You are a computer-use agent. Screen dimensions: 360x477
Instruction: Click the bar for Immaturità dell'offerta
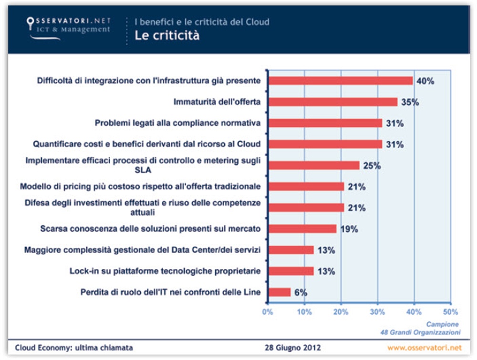(332, 102)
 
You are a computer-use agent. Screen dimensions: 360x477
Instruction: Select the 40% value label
(425, 81)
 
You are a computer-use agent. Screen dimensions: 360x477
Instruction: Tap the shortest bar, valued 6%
(280, 292)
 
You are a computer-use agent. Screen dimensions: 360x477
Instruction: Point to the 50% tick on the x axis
(450, 312)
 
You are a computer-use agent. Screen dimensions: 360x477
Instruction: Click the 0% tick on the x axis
(268, 312)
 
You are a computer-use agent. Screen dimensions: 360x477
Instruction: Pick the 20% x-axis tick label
(341, 312)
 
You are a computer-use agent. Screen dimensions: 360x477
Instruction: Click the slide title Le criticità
(167, 36)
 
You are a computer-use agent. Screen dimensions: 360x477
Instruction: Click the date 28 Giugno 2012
(293, 347)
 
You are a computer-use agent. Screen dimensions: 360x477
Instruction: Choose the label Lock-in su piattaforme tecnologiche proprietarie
(165, 271)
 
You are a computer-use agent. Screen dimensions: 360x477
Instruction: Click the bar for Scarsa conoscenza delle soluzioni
(302, 229)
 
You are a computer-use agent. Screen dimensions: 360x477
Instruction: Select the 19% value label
(349, 229)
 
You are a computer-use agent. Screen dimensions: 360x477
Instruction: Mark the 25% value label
(371, 166)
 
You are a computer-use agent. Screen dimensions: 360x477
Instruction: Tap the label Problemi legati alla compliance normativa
(177, 123)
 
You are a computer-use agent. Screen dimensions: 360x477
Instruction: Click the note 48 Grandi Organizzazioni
(420, 331)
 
